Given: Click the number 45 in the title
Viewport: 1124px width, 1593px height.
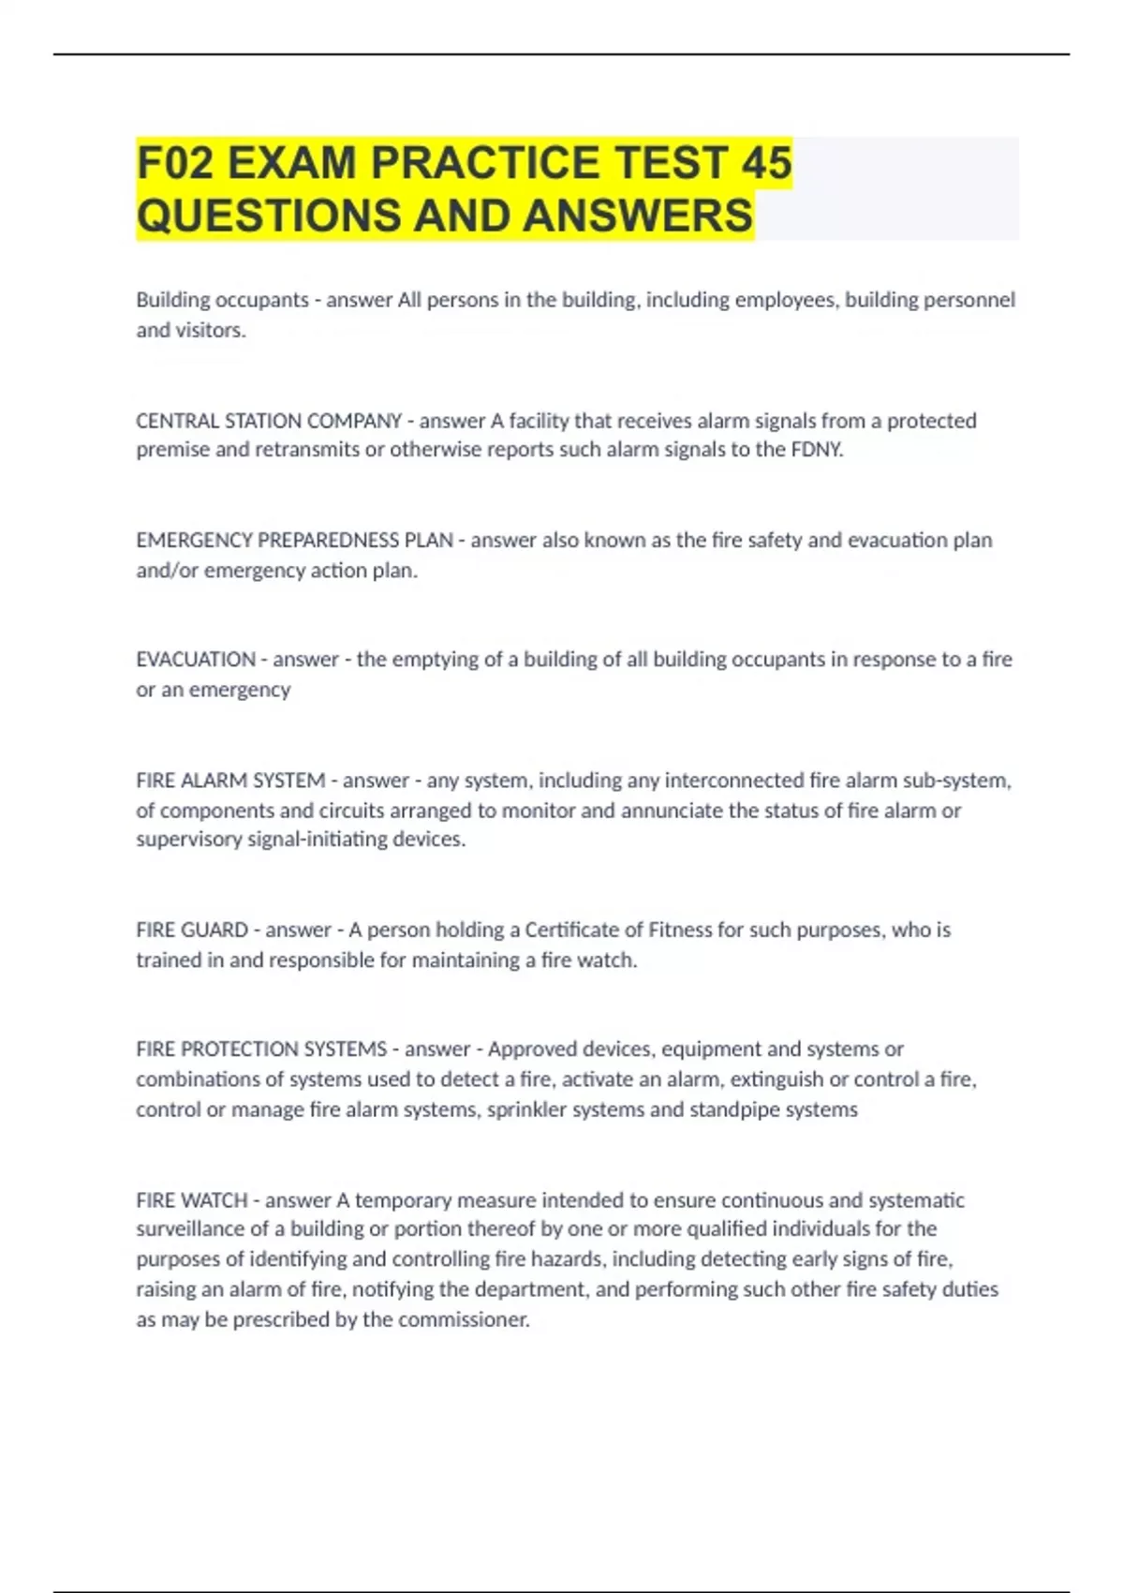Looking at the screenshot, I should click(x=765, y=163).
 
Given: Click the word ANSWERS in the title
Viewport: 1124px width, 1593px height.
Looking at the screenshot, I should click(x=637, y=216).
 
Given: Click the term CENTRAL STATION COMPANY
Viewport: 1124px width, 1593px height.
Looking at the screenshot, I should click(x=269, y=421).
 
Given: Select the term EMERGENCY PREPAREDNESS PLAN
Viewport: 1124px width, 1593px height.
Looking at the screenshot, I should click(x=294, y=541).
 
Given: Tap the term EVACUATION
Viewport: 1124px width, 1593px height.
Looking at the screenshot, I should click(x=195, y=660).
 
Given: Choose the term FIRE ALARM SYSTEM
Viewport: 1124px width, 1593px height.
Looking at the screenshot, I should click(x=230, y=781).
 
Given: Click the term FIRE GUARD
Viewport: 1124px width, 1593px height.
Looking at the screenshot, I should click(x=192, y=930).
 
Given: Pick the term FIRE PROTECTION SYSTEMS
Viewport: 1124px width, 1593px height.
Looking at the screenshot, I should click(x=261, y=1050).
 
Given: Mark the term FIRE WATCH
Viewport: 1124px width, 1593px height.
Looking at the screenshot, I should click(x=192, y=1200).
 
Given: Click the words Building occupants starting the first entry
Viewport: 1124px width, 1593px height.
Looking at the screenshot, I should click(x=222, y=300).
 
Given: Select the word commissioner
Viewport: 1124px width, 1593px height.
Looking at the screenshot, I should click(x=464, y=1320).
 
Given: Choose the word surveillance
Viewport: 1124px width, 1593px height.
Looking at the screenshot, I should click(x=195, y=1229).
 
